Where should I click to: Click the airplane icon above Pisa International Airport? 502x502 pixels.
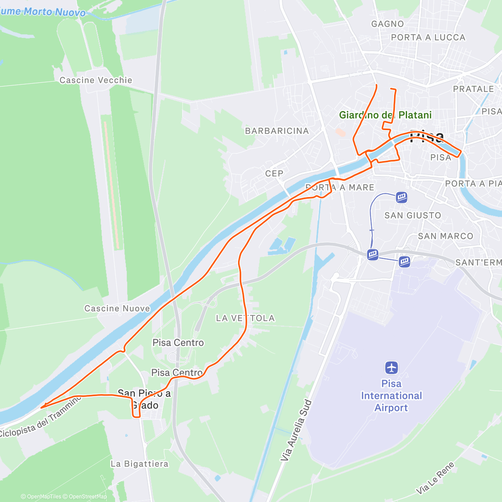pyautogui.click(x=392, y=368)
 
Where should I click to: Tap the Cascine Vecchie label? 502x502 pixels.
pyautogui.click(x=96, y=80)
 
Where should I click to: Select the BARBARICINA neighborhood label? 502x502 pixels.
pyautogui.click(x=277, y=131)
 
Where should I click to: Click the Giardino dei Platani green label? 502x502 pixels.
pyautogui.click(x=385, y=115)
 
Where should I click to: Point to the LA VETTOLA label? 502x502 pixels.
pyautogui.click(x=246, y=318)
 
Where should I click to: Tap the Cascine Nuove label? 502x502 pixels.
pyautogui.click(x=117, y=309)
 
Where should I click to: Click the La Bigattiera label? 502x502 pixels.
pyautogui.click(x=140, y=464)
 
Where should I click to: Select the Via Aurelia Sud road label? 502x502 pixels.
pyautogui.click(x=296, y=430)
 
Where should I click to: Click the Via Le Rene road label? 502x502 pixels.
pyautogui.click(x=435, y=478)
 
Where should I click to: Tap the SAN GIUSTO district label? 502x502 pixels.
pyautogui.click(x=413, y=215)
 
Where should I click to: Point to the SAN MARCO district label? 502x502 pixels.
pyautogui.click(x=446, y=236)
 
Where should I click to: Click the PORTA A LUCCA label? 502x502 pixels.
pyautogui.click(x=428, y=37)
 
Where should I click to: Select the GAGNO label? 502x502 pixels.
pyautogui.click(x=388, y=24)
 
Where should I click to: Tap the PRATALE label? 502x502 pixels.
pyautogui.click(x=474, y=89)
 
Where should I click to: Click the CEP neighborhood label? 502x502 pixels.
pyautogui.click(x=274, y=173)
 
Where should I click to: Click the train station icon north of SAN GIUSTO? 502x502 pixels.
pyautogui.click(x=402, y=197)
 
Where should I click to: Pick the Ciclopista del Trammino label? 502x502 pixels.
pyautogui.click(x=41, y=419)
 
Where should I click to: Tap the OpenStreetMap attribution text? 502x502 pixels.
pyautogui.click(x=88, y=497)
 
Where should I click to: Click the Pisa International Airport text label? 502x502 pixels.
pyautogui.click(x=392, y=396)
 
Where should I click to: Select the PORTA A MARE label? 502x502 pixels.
pyautogui.click(x=340, y=187)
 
